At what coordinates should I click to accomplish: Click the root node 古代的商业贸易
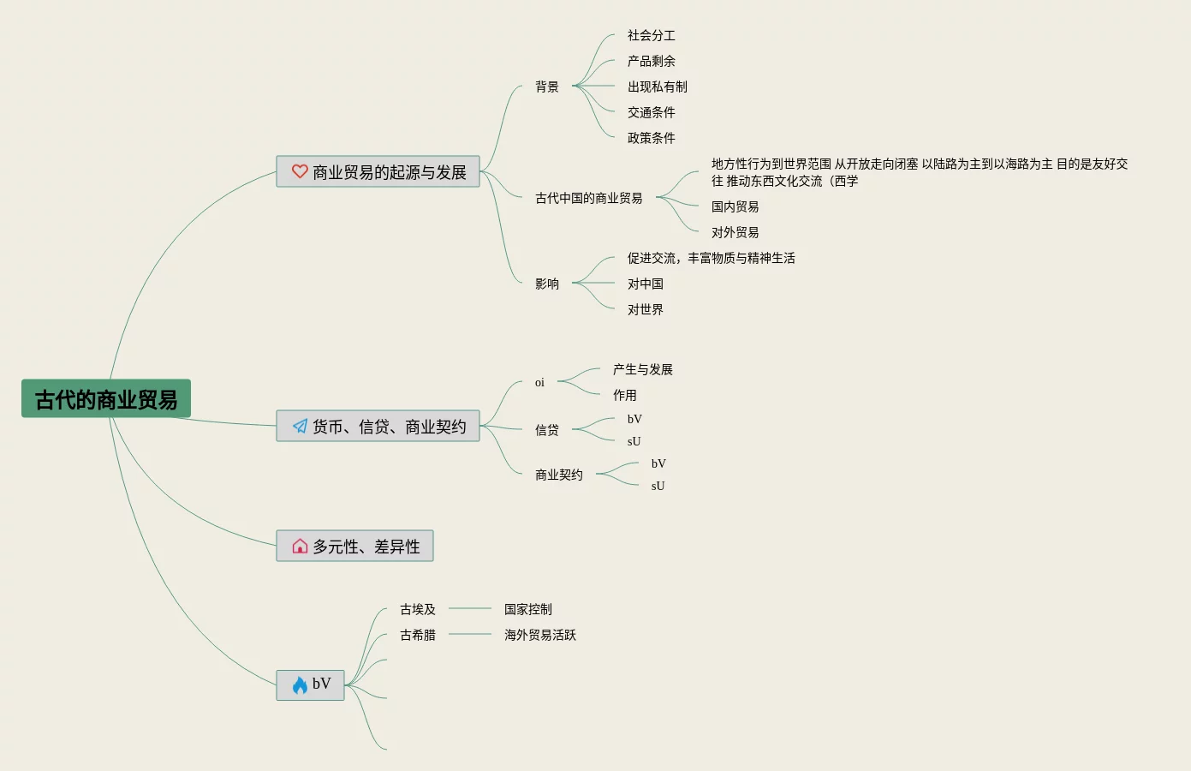click(106, 399)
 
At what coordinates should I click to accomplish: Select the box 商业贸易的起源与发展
click(378, 172)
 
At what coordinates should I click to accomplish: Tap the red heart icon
click(300, 171)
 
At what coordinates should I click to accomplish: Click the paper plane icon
click(300, 426)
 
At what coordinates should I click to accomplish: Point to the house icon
click(300, 547)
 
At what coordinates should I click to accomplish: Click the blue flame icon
click(300, 684)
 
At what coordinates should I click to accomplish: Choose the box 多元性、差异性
click(354, 547)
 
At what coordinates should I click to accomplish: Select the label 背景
click(547, 87)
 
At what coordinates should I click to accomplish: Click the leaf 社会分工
click(651, 35)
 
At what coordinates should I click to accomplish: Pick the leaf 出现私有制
click(657, 87)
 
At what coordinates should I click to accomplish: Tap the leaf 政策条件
click(651, 138)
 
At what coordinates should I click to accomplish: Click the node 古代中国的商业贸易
click(588, 198)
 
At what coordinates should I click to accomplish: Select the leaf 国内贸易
click(735, 206)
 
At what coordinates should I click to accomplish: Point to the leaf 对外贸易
click(735, 232)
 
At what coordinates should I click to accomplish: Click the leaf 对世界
click(645, 309)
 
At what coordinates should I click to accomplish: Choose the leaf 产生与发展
click(642, 369)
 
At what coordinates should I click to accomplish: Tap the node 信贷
click(547, 430)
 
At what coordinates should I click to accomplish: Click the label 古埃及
click(418, 609)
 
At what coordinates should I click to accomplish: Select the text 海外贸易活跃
click(539, 635)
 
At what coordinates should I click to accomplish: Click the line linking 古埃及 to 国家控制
click(470, 608)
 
